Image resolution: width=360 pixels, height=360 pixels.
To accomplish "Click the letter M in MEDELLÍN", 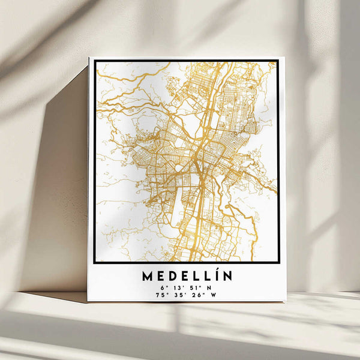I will [x=148, y=276].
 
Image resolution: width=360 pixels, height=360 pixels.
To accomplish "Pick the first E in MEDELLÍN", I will [x=162, y=276].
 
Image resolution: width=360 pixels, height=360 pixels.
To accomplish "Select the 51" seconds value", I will [x=192, y=287].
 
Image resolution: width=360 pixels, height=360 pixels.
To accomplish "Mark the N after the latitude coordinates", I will [x=208, y=287].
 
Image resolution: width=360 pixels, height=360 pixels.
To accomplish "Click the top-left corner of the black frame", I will [x=94, y=61].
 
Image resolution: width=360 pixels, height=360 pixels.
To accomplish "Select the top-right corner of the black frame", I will [x=278, y=61].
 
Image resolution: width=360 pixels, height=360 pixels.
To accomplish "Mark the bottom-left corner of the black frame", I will [x=94, y=263].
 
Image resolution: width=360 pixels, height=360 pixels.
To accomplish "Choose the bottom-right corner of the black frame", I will [x=278, y=263].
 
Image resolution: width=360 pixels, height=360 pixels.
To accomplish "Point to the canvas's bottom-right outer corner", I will [x=285, y=301].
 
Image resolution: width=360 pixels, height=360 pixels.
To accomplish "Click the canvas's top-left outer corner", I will [x=89, y=58].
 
